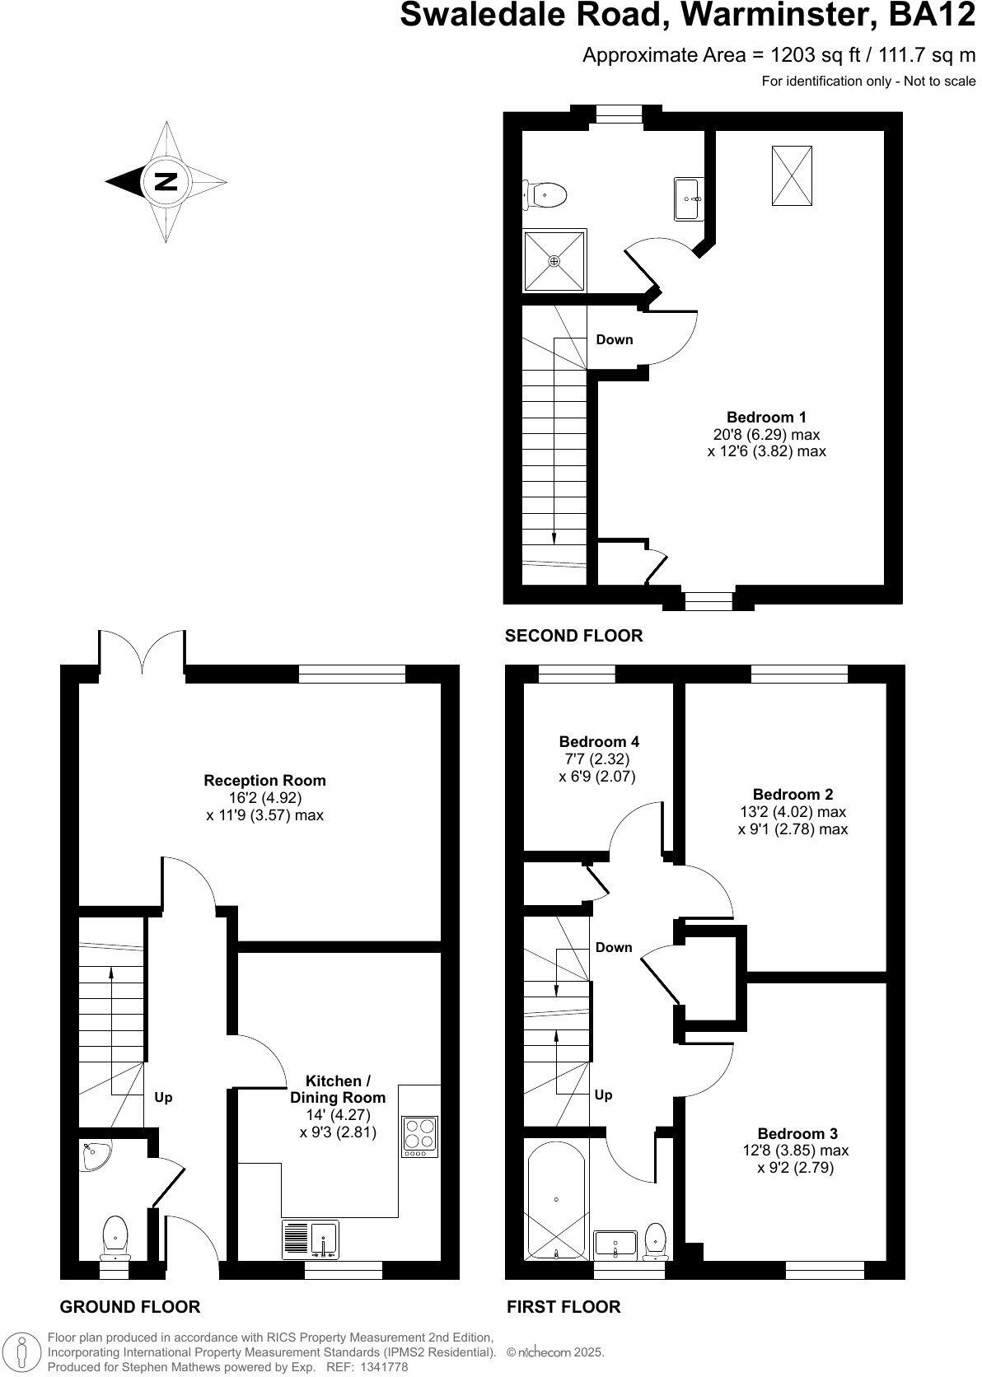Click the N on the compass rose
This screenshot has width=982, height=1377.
166,181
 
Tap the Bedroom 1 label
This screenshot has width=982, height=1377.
766,417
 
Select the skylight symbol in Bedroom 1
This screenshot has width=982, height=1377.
792,175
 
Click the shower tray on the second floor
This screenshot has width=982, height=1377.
554,260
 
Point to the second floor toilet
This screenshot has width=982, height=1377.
546,195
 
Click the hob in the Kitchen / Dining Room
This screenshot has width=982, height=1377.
420,1137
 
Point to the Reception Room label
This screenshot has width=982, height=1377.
264,780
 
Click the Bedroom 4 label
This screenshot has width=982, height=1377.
599,741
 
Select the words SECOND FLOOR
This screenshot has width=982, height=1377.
573,636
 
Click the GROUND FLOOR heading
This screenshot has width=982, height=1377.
130,1307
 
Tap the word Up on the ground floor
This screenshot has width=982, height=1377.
163,1098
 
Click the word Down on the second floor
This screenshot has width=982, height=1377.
614,339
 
